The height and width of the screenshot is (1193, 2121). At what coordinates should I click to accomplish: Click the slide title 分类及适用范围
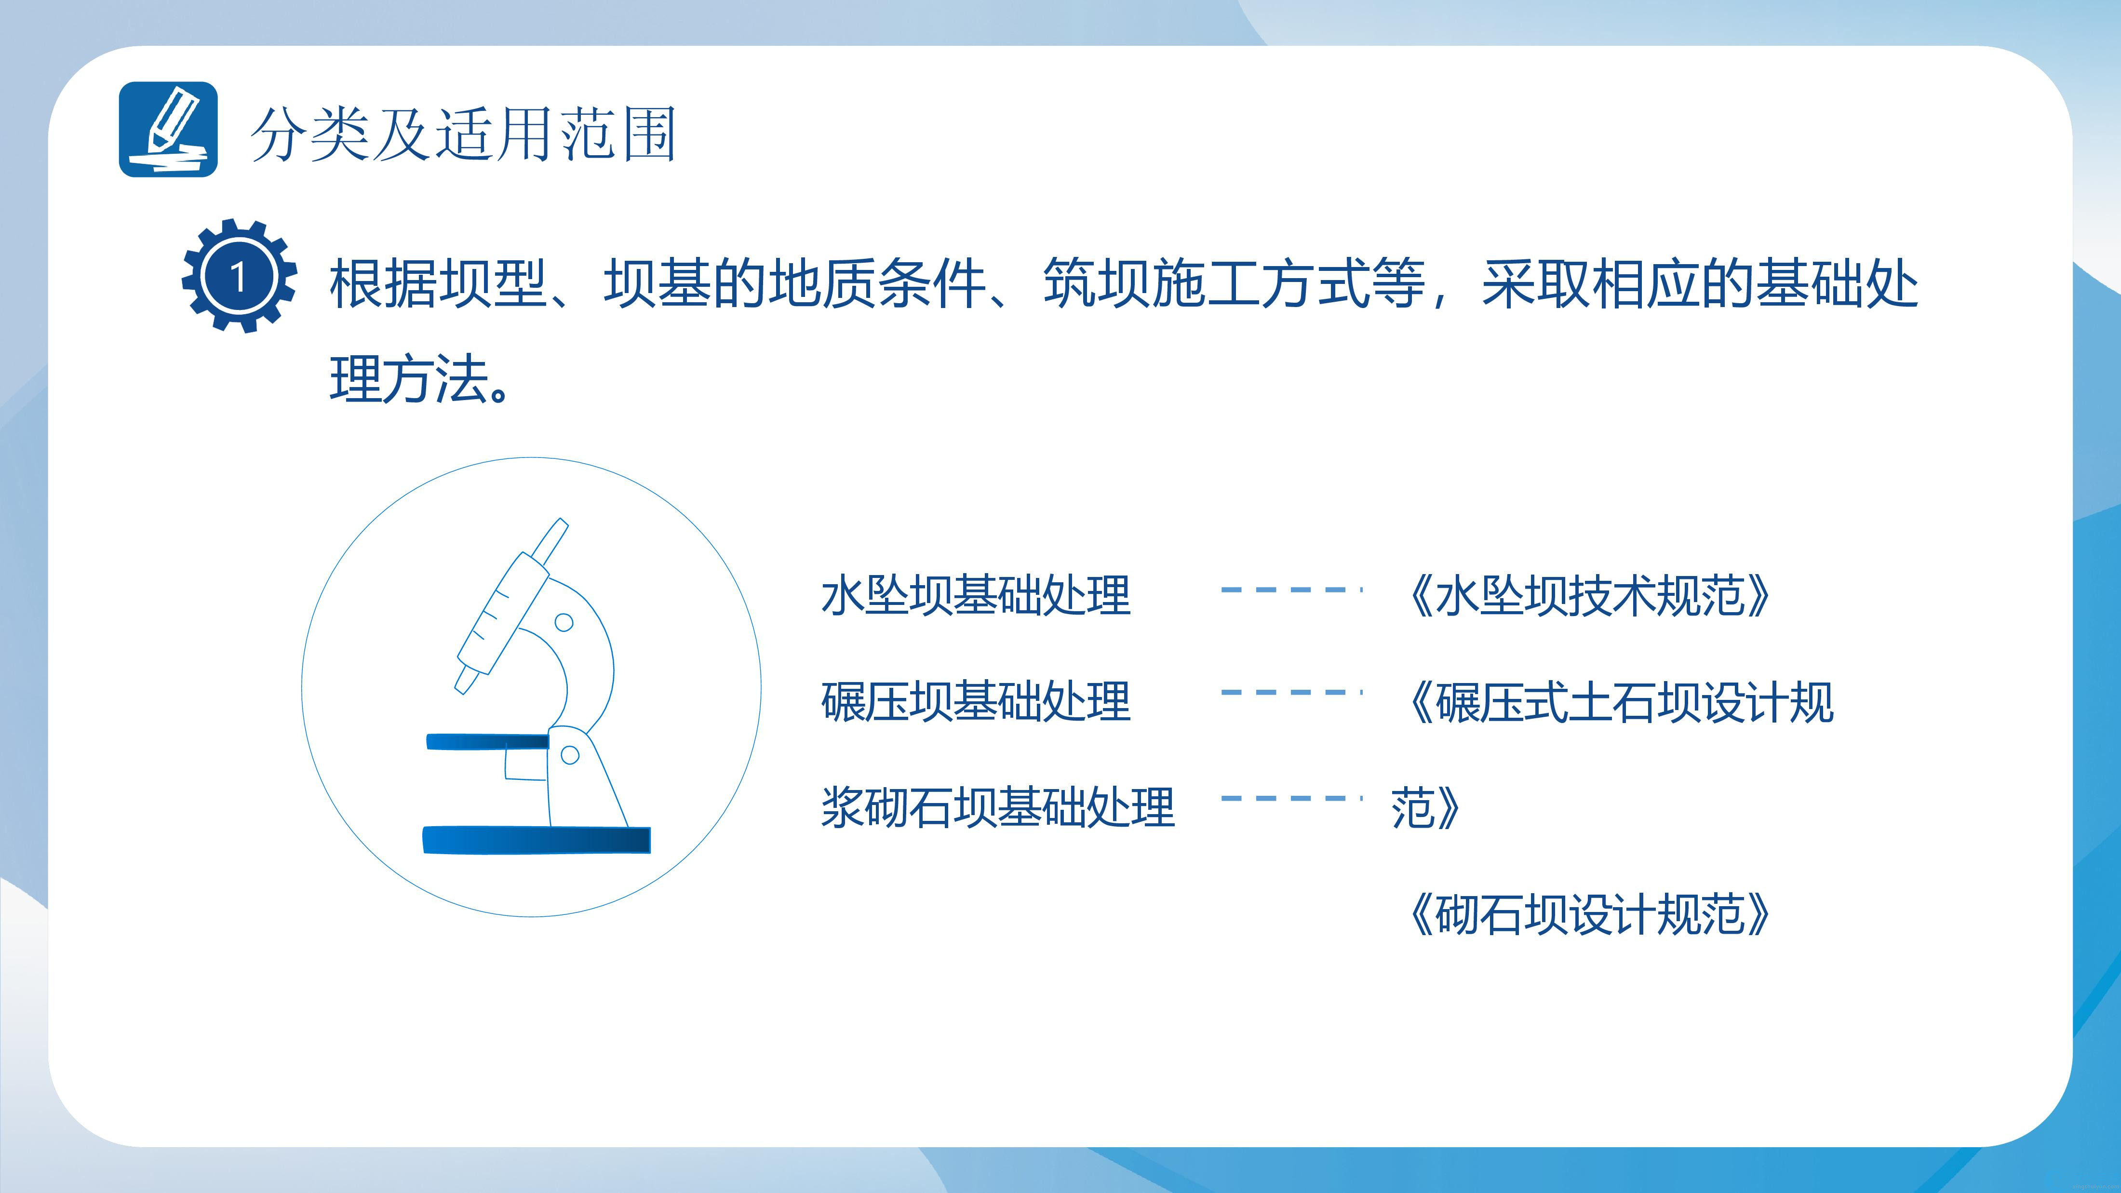(464, 134)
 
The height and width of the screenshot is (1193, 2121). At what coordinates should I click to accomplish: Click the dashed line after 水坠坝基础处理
(1291, 590)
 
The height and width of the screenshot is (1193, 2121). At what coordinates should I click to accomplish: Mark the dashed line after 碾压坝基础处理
(1291, 692)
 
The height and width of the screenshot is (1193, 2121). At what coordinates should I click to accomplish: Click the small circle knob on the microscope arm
(564, 622)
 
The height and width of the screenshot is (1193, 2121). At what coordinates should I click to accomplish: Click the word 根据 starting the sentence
(384, 283)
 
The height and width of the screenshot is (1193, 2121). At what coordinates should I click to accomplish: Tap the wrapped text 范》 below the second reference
(1425, 808)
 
